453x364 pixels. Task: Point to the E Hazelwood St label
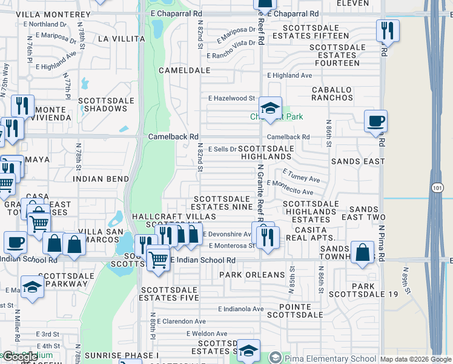pos(232,98)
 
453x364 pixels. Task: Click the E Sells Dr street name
pos(222,149)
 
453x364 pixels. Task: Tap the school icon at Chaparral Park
pos(270,109)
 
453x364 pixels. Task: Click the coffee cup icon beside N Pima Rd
pos(375,121)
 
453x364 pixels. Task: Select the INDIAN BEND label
pos(101,179)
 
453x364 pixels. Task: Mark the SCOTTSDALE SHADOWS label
pos(102,104)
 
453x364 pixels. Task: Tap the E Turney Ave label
pos(301,176)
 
